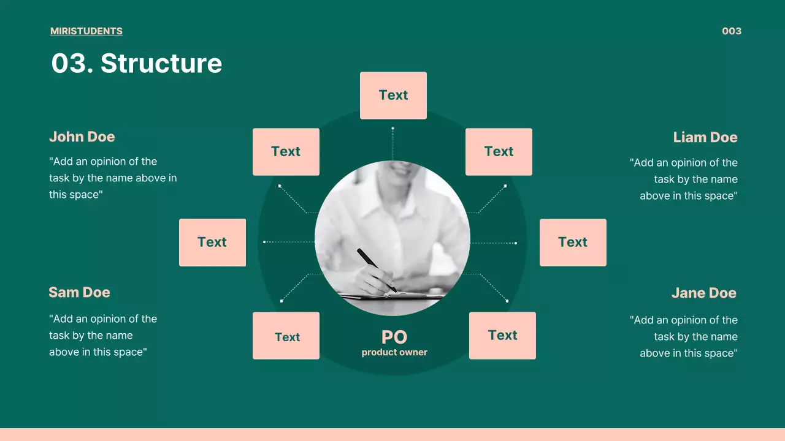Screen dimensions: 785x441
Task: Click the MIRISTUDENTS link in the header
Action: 86,31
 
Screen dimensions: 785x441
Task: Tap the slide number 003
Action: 732,31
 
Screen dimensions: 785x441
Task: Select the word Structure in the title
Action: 161,63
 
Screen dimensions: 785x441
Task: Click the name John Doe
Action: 82,137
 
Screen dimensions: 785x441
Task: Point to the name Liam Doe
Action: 705,137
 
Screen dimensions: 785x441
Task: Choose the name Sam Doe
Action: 80,292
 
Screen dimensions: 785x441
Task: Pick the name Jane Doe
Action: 703,293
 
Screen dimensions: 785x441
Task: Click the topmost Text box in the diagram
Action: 393,96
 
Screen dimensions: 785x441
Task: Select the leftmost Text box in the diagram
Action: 212,242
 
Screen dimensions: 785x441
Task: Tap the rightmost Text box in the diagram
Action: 573,242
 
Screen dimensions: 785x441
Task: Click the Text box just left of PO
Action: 286,336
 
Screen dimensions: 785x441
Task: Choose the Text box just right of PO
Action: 502,336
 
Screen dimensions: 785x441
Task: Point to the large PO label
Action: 394,337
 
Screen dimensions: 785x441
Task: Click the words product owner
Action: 394,352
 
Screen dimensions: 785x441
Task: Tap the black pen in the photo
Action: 377,270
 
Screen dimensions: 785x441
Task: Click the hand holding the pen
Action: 374,281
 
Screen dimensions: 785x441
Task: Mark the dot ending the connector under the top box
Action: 393,129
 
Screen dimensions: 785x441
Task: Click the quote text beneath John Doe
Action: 113,178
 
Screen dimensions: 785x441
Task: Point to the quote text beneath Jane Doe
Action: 684,336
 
